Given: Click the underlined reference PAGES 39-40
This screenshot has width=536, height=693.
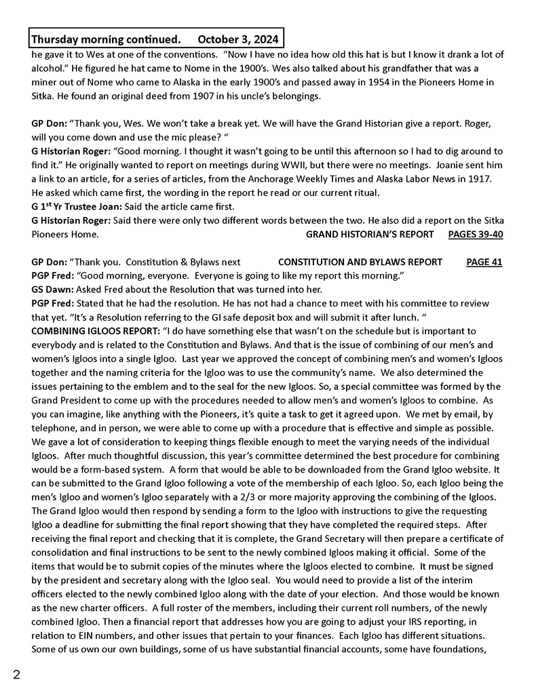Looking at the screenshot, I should [x=476, y=235].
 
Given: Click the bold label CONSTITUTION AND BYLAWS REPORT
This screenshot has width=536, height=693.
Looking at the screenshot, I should [x=360, y=262].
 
